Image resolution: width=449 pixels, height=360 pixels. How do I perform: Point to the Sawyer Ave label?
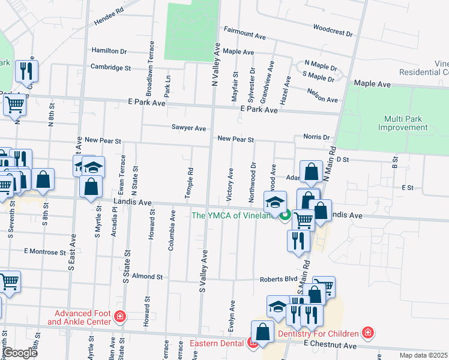[x=188, y=128]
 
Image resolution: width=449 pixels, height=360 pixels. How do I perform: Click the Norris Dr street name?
[x=316, y=137]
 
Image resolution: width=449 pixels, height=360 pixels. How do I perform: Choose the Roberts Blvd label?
[x=279, y=279]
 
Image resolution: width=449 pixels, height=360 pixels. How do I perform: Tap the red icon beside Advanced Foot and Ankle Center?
[x=121, y=316]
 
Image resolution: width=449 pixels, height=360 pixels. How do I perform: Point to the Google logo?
[x=20, y=353]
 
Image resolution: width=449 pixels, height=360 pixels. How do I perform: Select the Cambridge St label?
[x=110, y=68]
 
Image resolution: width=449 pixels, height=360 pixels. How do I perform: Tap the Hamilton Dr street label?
[x=110, y=51]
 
